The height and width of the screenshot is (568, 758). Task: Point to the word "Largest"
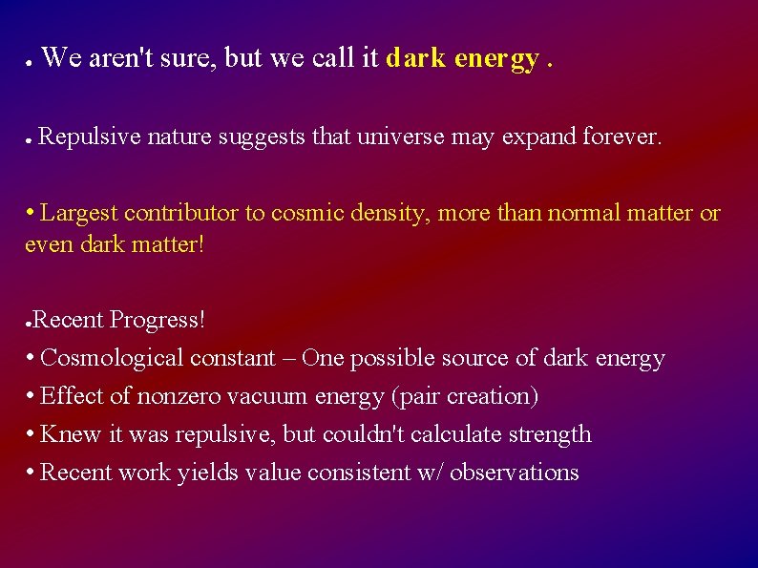tap(79, 213)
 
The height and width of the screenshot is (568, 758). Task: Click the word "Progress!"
tap(158, 320)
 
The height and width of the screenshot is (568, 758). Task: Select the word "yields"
tap(205, 473)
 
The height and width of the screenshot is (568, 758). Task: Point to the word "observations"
tap(514, 473)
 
